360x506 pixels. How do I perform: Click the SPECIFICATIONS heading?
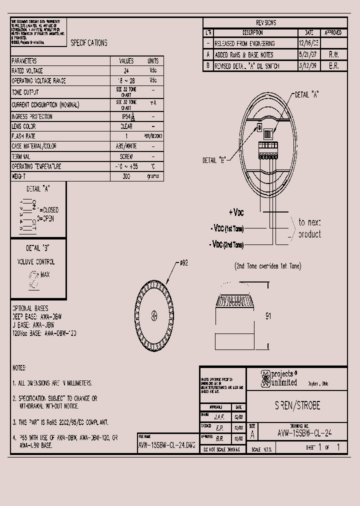tap(89, 43)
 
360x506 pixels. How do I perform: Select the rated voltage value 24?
tap(126, 71)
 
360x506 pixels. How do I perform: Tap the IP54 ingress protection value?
tap(126, 116)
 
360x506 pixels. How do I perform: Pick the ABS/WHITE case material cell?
tap(126, 146)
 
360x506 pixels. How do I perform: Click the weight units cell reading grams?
tap(152, 176)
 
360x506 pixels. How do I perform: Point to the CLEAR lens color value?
tap(126, 126)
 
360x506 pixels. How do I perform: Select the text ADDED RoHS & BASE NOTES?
tap(244, 55)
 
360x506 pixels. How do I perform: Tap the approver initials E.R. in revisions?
tap(333, 66)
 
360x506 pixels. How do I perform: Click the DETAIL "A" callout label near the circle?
tap(307, 94)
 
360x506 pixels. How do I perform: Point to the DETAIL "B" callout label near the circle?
tap(214, 160)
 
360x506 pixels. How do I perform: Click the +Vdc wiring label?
tap(236, 212)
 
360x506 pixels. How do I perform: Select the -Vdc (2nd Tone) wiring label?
tap(227, 245)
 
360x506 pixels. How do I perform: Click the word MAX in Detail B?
tap(45, 275)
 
